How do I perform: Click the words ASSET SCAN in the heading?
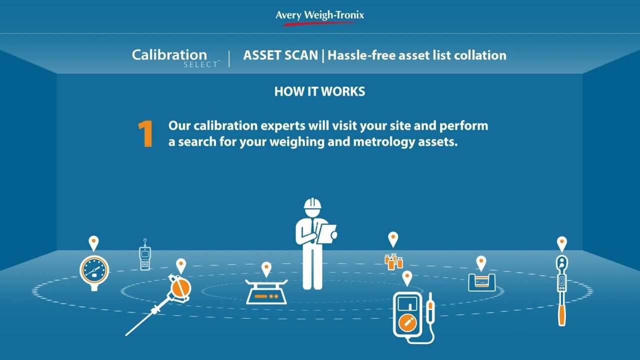pyautogui.click(x=280, y=55)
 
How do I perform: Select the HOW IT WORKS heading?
pyautogui.click(x=319, y=91)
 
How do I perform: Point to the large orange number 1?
pyautogui.click(x=145, y=134)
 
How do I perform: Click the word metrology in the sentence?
pyautogui.click(x=386, y=141)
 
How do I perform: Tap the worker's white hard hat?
pyautogui.click(x=312, y=204)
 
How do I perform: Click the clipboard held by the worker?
pyautogui.click(x=327, y=233)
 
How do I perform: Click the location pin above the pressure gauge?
pyautogui.click(x=93, y=242)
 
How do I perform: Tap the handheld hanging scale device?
pyautogui.click(x=145, y=257)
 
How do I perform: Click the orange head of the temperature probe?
pyautogui.click(x=180, y=287)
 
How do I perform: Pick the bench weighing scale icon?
pyautogui.click(x=266, y=292)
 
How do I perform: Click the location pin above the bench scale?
pyautogui.click(x=266, y=268)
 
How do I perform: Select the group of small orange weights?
pyautogui.click(x=393, y=261)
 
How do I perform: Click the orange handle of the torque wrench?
pyautogui.click(x=562, y=313)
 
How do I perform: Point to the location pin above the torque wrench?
pyautogui.click(x=562, y=243)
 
